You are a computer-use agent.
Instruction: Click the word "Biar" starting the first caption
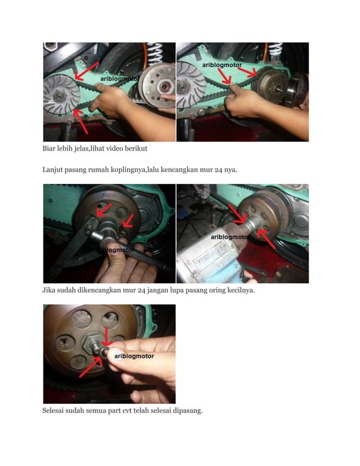(x=51, y=149)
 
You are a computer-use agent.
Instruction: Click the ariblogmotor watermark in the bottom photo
(x=134, y=356)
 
